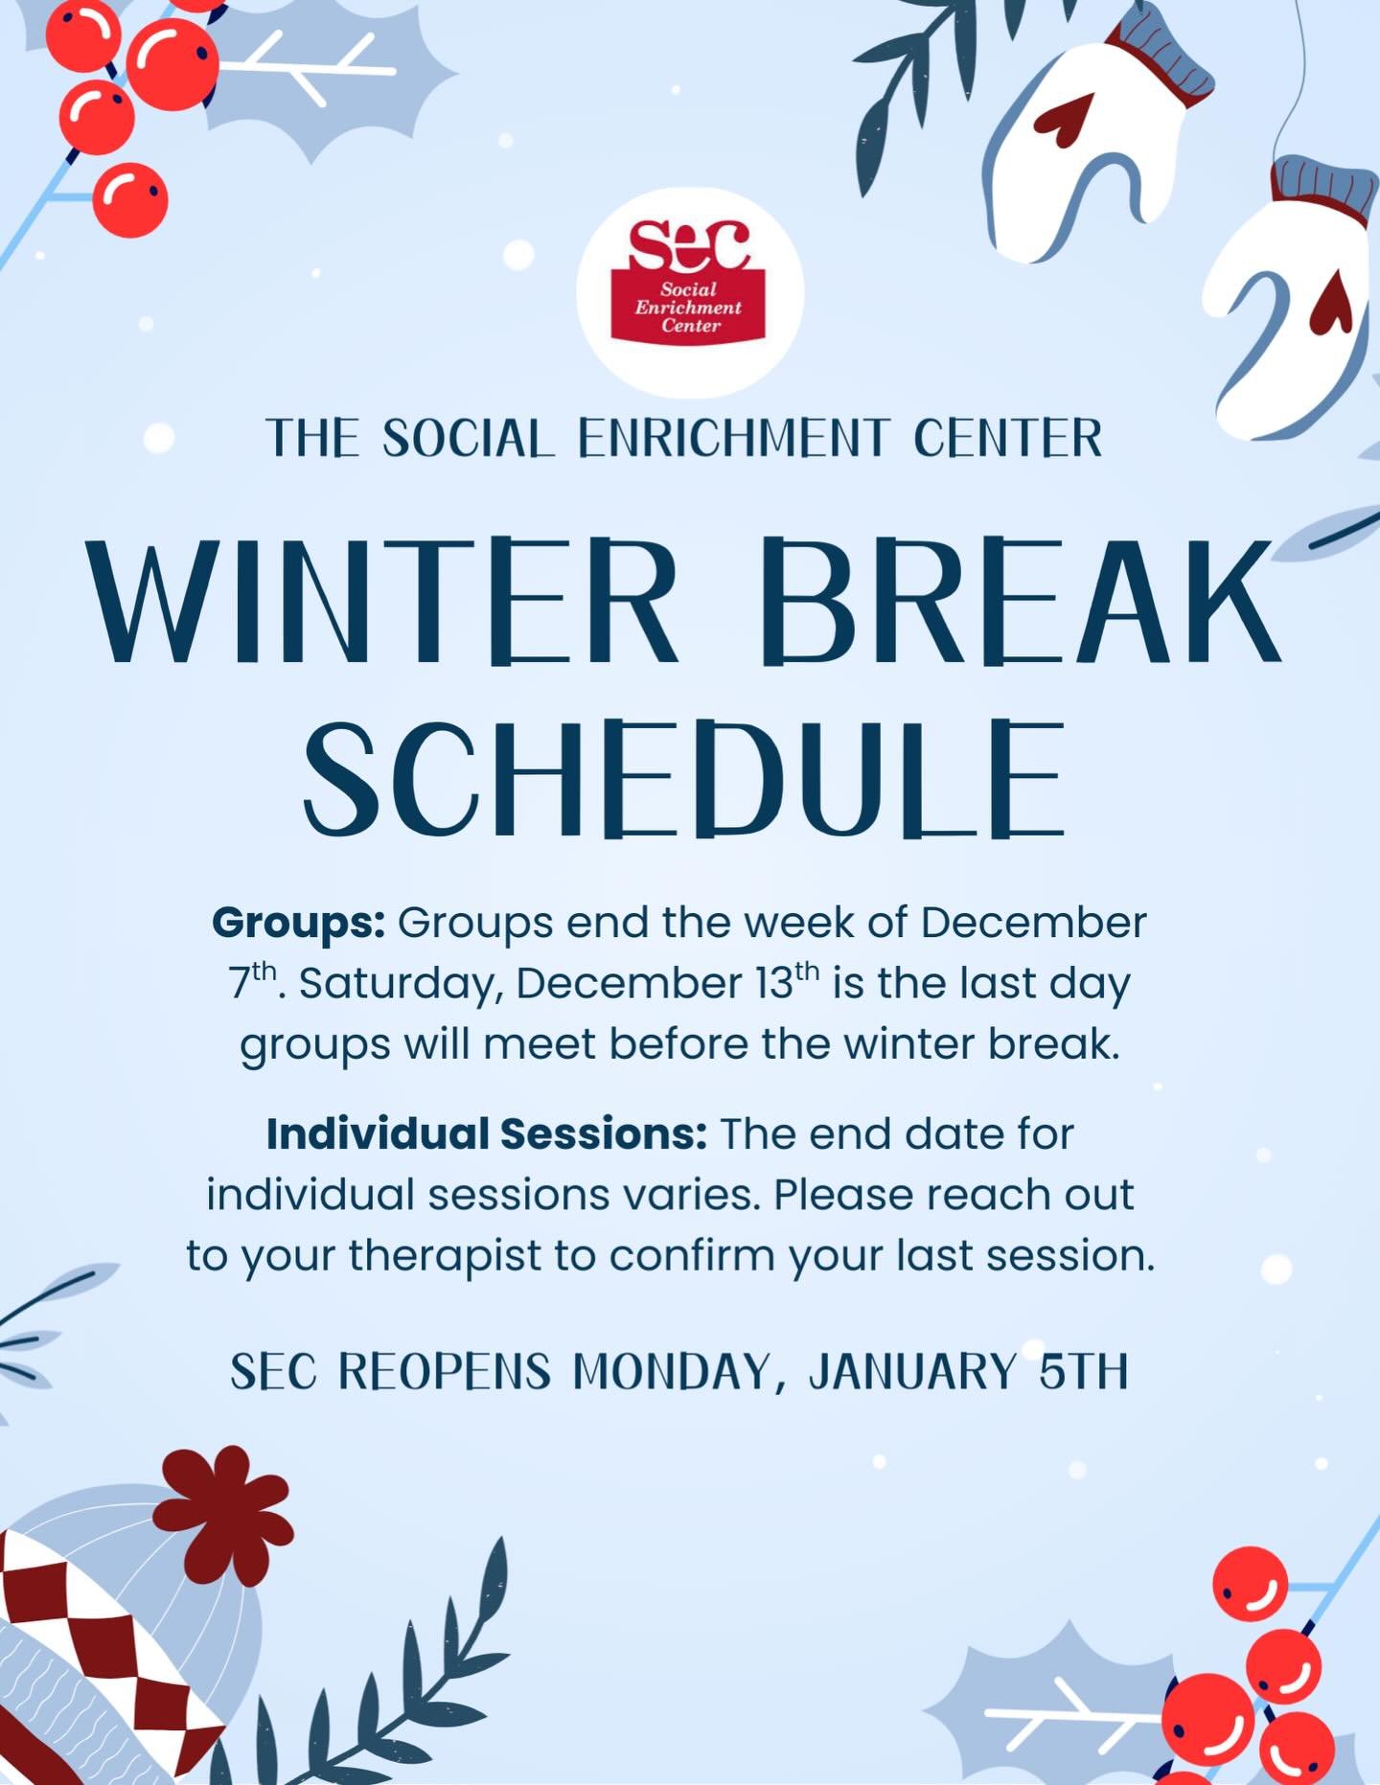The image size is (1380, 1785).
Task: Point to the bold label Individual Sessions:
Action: tap(487, 1134)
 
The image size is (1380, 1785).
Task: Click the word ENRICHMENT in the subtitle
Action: tap(733, 439)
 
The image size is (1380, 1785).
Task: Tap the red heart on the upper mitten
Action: tap(1066, 120)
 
